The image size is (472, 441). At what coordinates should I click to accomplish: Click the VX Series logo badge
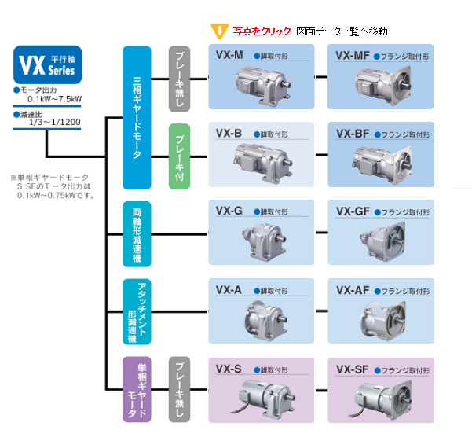[x=47, y=64]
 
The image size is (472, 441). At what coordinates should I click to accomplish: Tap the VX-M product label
[x=229, y=56]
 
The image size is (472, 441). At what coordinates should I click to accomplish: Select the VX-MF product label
[x=352, y=56]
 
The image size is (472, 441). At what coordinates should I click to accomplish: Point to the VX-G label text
[x=229, y=211]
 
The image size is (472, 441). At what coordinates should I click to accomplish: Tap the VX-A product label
[x=229, y=289]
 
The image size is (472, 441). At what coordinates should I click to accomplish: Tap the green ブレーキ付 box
[x=180, y=156]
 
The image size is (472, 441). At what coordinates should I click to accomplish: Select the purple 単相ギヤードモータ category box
[x=137, y=388]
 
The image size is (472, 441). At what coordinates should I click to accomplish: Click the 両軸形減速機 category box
[x=137, y=233]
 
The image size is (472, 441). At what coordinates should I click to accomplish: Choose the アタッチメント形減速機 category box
[x=137, y=311]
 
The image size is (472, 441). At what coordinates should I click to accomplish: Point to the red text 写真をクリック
[x=262, y=32]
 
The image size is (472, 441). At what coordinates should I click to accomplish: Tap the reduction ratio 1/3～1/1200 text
[x=56, y=123]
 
